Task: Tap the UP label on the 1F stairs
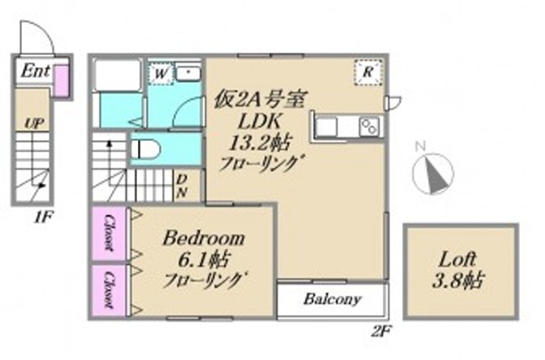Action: pos(33,124)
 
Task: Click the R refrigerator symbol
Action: pos(367,72)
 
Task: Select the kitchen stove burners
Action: pos(369,126)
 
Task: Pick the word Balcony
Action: pos(332,298)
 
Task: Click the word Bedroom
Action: pos(203,236)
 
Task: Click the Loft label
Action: pos(456,258)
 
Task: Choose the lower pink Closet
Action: pos(109,288)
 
